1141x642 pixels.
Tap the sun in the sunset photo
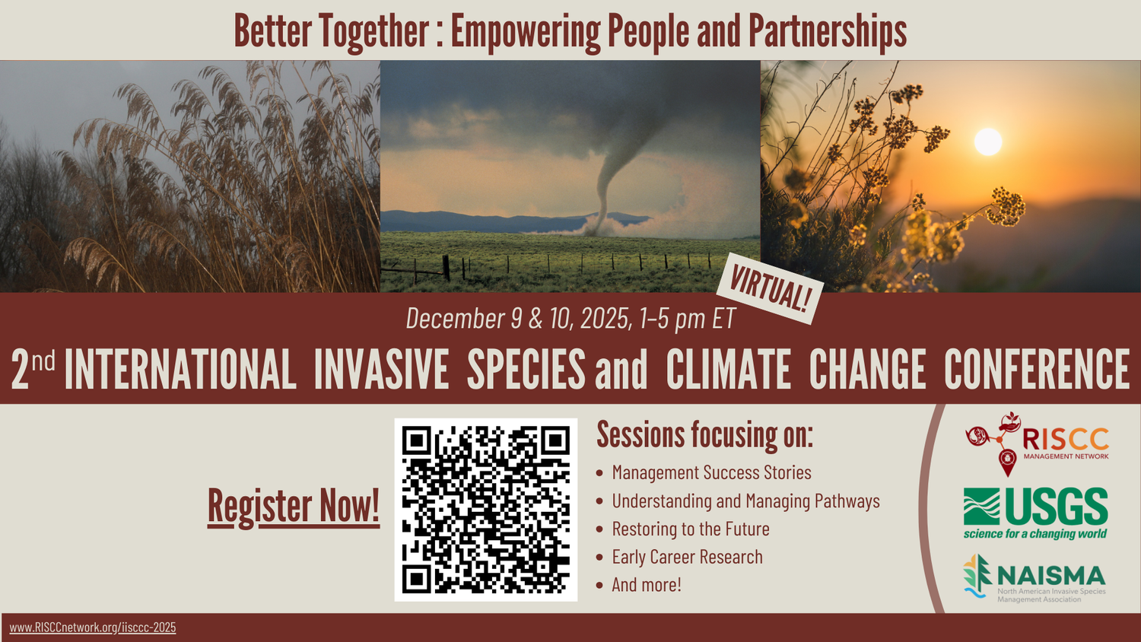coord(987,142)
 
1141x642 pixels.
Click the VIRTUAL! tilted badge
coord(770,289)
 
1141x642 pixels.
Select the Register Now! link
coord(294,506)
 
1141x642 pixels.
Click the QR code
coord(485,510)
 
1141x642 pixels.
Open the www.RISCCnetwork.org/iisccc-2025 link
coord(93,628)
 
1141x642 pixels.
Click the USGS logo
coord(1035,513)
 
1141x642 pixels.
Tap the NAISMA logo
coord(1035,579)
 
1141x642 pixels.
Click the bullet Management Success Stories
coord(711,472)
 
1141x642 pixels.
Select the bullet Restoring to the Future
coord(691,529)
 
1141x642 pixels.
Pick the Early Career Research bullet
coord(687,557)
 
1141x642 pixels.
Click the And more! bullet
coord(647,585)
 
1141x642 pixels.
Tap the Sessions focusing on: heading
coord(704,435)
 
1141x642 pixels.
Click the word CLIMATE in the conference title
coord(728,370)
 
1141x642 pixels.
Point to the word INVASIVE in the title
coord(381,370)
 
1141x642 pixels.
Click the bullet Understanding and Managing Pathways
coord(745,501)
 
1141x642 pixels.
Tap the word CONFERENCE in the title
coord(1036,370)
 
